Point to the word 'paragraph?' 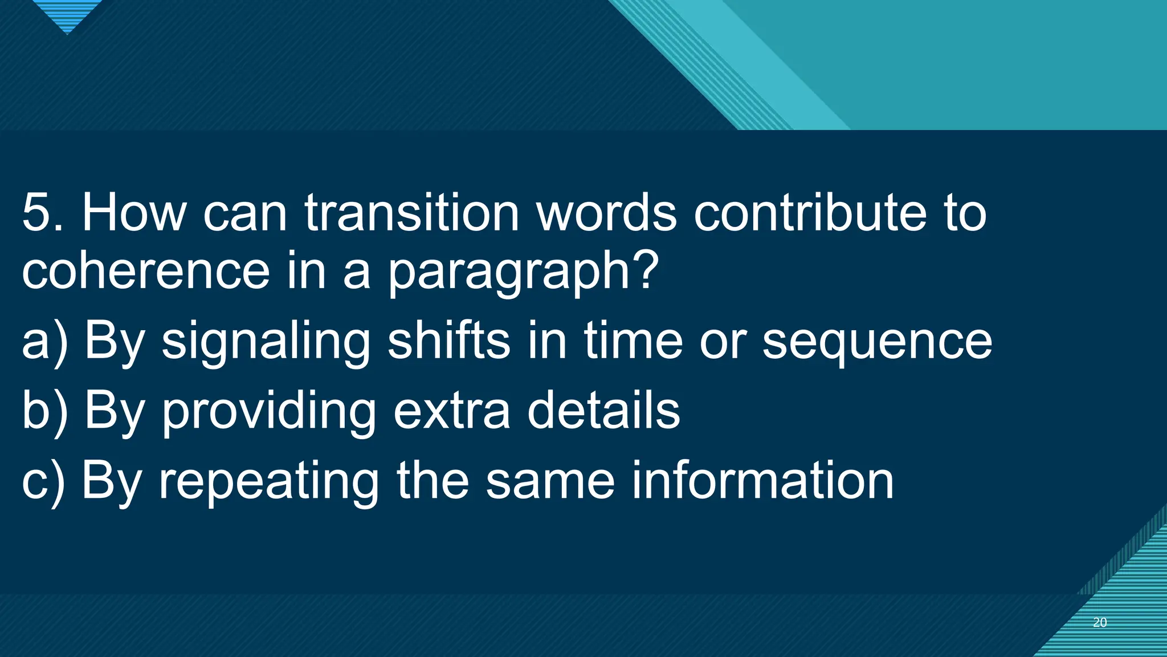(x=523, y=273)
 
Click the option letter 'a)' (x=44, y=341)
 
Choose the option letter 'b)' (x=44, y=411)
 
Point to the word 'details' (x=603, y=411)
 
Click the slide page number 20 (x=1100, y=623)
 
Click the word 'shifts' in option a (x=448, y=341)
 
